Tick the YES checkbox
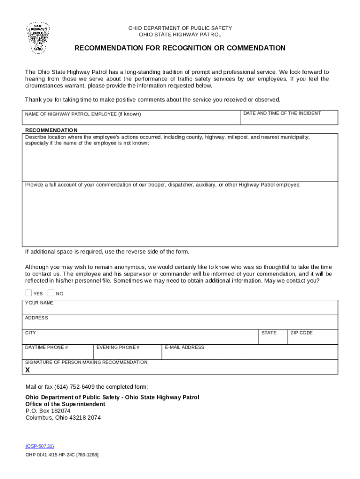(29, 293)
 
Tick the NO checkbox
(50, 293)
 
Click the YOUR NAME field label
(39, 303)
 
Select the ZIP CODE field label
(302, 333)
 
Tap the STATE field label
(269, 333)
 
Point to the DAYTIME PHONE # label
(47, 348)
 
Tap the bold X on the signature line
(28, 370)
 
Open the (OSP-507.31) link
(36, 446)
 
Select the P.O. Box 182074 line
(48, 411)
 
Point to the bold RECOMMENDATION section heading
(51, 130)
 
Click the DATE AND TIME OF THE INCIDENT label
(282, 113)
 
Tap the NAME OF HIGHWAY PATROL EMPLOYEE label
(83, 114)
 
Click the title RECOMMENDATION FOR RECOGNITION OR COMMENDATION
(180, 48)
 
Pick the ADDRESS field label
(36, 318)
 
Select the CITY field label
(30, 333)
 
